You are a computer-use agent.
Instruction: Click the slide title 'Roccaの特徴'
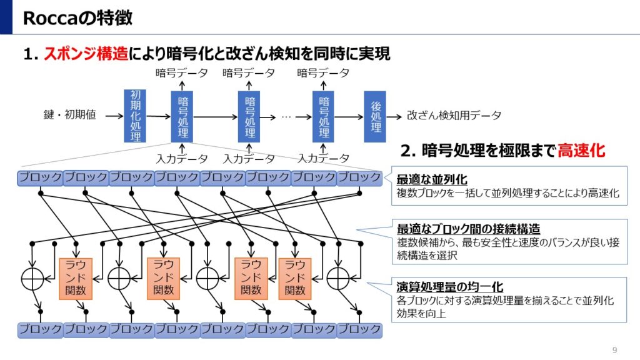77,18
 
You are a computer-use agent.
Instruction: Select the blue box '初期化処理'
135,116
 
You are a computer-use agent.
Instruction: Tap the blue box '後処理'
375,116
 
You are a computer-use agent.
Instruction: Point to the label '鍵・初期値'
70,116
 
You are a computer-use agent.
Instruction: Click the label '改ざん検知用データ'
454,116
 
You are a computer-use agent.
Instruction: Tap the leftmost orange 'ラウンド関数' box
75,278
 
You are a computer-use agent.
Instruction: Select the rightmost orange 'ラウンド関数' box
294,278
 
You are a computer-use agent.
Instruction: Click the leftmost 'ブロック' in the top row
40,177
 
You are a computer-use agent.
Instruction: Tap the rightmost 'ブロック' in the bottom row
359,329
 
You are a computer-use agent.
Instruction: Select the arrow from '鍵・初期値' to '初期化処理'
113,116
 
